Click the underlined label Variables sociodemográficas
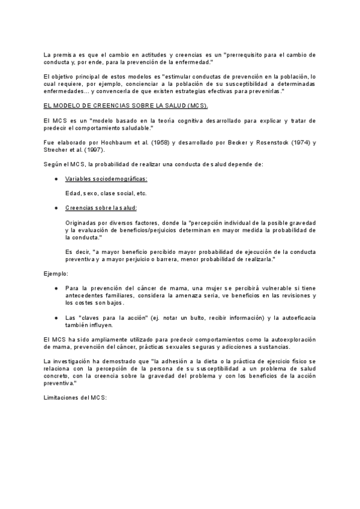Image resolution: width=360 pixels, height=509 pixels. tap(106, 179)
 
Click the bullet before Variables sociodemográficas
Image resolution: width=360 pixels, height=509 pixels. tap(56, 179)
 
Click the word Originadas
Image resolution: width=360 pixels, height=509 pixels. tap(83, 222)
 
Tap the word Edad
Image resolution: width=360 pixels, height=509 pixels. tap(73, 193)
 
